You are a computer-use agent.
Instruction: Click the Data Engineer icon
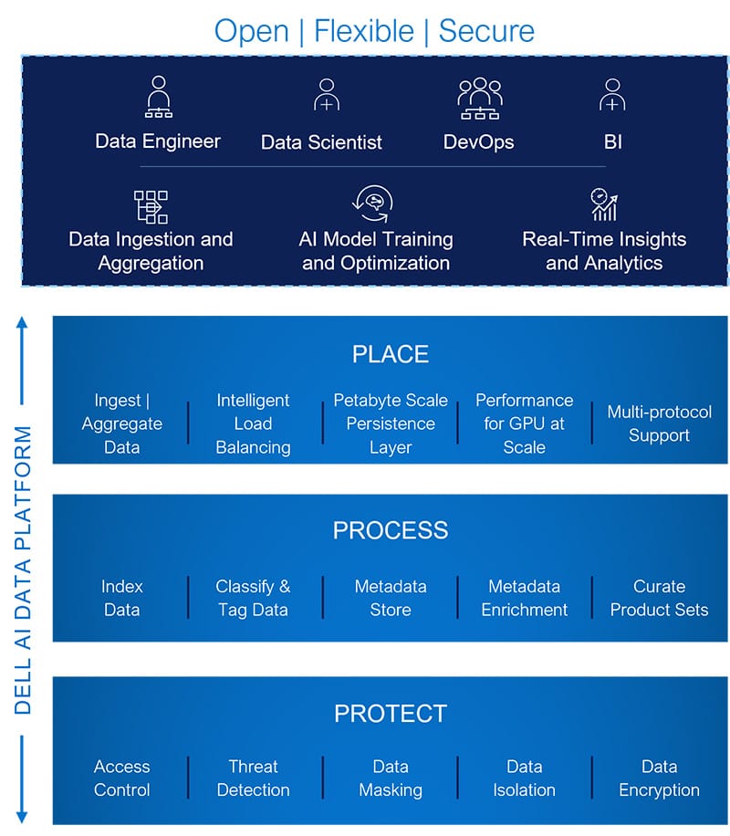coord(159,97)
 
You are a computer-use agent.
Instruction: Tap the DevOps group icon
coord(479,98)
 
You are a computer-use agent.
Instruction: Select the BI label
coord(612,141)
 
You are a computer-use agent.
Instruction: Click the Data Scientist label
coord(321,142)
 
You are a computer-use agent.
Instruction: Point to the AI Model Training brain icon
coord(372,204)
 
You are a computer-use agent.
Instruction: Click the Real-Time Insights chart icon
coord(604,204)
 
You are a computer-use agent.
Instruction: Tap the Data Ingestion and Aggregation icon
coord(151,207)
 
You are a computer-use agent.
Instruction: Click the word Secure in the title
coord(486,31)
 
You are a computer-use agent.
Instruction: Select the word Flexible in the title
coord(364,31)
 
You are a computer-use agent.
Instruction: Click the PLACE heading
coord(391,354)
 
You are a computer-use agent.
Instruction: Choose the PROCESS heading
coord(391,530)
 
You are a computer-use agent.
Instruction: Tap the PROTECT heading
coord(391,714)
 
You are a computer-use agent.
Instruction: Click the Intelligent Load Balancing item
coord(254,423)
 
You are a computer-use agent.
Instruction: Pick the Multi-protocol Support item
coord(659,423)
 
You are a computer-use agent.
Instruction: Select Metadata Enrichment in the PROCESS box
coord(524,598)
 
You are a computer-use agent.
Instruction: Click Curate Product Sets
coord(659,598)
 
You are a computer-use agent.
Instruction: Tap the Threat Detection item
coord(254,778)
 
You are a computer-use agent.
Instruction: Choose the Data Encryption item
coord(659,778)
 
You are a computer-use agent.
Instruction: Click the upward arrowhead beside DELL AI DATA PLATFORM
coord(22,322)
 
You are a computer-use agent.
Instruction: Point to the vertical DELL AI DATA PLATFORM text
coord(23,570)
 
